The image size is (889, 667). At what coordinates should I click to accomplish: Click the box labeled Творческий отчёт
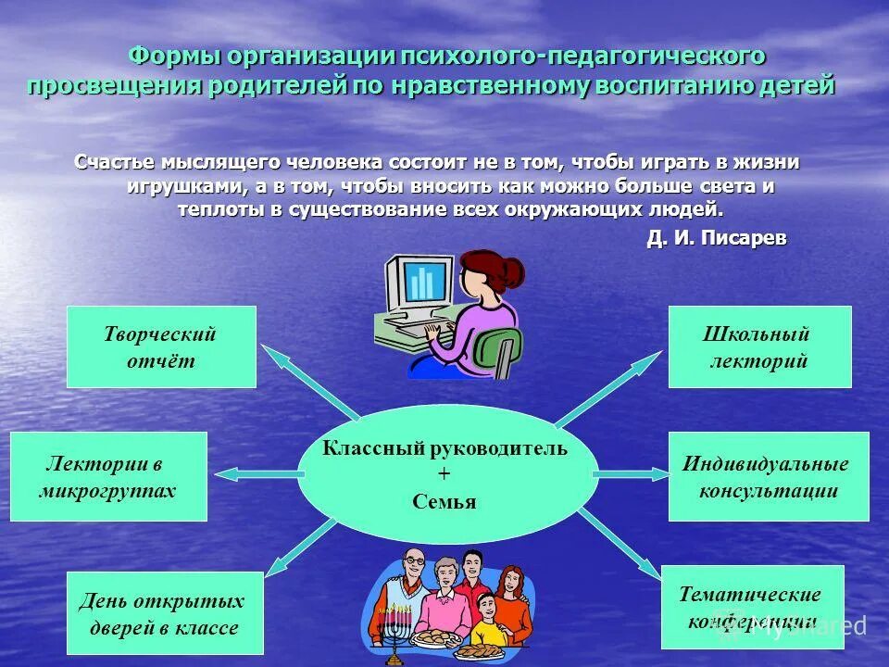tap(161, 346)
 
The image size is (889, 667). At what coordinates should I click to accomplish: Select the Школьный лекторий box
tap(759, 346)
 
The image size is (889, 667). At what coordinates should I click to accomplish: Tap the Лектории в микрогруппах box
tap(108, 476)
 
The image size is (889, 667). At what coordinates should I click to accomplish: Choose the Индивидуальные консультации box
tap(768, 476)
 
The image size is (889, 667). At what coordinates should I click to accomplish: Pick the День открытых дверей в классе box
tap(164, 613)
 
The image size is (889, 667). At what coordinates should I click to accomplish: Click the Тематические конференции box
tap(752, 606)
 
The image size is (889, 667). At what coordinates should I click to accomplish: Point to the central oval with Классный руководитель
tap(447, 473)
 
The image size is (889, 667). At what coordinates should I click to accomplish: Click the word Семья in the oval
tap(444, 502)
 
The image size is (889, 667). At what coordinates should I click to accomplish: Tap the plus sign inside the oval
tap(444, 475)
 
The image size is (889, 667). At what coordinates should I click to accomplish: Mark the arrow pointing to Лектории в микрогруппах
tap(255, 474)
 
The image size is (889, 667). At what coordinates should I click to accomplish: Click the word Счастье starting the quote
tap(115, 163)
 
